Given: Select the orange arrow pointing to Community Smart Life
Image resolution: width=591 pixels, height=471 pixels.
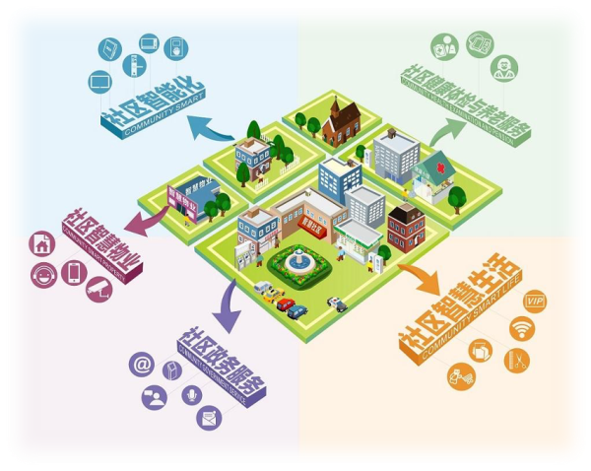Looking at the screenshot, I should pos(421,277).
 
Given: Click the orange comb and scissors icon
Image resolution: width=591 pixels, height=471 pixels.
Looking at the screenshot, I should pos(516,360).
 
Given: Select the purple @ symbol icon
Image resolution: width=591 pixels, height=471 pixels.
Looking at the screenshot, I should pos(142,366).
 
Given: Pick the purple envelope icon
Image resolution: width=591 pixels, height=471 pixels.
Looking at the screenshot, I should pos(209,418).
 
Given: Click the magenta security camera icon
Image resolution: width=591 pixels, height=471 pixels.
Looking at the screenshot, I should pos(99,289).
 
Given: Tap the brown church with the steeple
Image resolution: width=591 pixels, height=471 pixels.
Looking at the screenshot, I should pos(341,120).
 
